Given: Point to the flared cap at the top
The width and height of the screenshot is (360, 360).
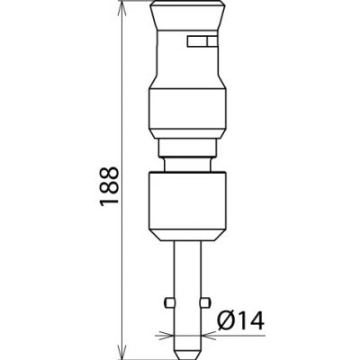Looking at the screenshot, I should [184, 15].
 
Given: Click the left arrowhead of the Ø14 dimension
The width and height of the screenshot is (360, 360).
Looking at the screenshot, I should [167, 334].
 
